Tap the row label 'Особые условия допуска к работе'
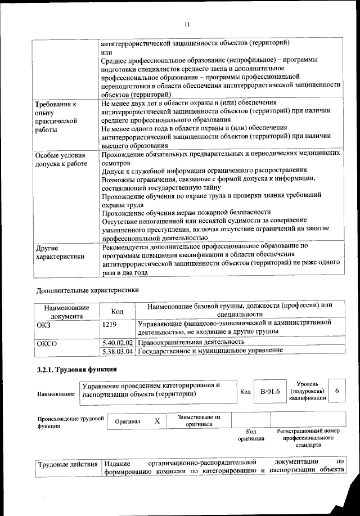click(61, 159)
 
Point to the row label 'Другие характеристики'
click(60, 252)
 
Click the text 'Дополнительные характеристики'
click(87, 290)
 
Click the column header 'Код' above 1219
click(117, 311)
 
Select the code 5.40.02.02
click(117, 342)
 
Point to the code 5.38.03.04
click(117, 351)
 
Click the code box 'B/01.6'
click(267, 391)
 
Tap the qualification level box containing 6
click(336, 391)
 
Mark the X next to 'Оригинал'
click(157, 421)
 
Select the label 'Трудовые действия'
click(67, 465)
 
